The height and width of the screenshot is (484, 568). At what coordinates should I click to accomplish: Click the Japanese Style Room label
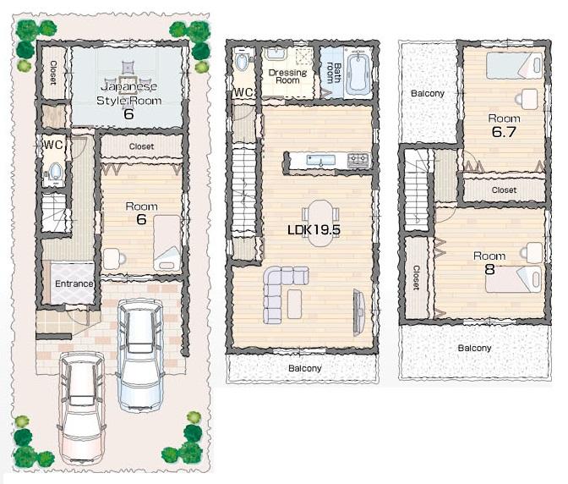point(128,93)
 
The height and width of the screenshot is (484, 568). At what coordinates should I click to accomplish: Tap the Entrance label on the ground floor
point(74,283)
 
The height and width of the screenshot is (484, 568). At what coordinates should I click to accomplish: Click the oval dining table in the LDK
point(320,222)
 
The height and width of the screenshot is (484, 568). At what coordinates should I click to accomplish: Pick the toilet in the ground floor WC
point(56,173)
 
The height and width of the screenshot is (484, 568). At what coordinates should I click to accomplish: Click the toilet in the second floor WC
point(243,63)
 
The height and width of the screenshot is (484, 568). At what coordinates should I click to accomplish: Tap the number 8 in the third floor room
point(489,270)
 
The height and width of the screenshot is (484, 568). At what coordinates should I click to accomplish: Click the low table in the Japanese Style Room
point(128,68)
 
